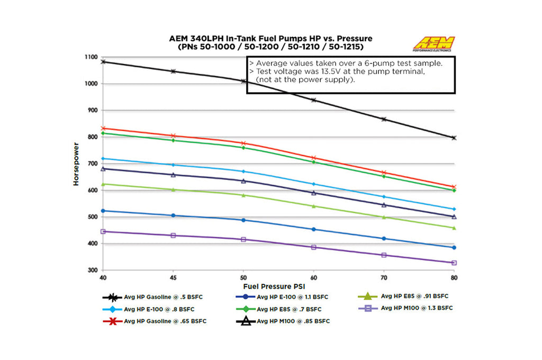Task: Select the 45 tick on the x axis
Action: tap(174, 277)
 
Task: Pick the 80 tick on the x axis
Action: tap(454, 277)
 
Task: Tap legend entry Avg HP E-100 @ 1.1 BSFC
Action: tap(288, 297)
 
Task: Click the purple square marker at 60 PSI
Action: tap(314, 247)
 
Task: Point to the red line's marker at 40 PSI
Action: tap(104, 128)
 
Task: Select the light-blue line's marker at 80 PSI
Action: tap(454, 209)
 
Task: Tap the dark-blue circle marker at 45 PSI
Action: tap(174, 215)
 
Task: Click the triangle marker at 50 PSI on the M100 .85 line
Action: tap(243, 181)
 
